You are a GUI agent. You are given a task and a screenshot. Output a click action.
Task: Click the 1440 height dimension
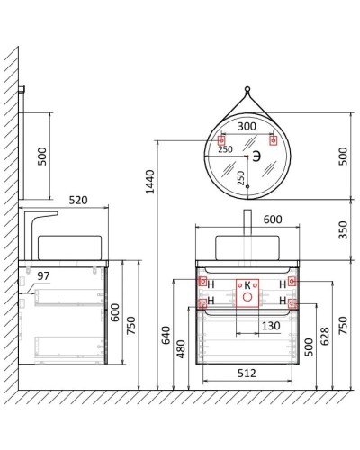click(150, 182)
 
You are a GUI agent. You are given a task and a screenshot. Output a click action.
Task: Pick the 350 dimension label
click(343, 230)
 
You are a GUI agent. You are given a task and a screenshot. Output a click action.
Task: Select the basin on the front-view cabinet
click(244, 247)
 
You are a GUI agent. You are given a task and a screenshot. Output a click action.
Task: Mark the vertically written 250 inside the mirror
click(239, 176)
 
